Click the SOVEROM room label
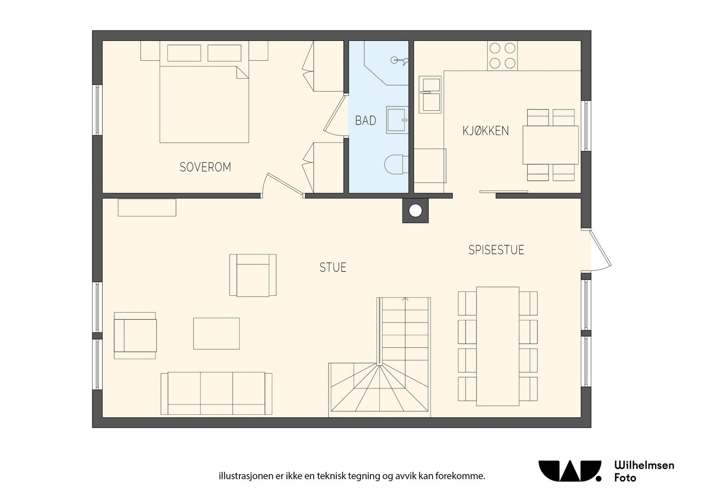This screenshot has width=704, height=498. tap(205, 167)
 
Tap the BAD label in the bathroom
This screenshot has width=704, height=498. tap(366, 121)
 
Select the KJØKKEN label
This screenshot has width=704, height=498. tap(486, 131)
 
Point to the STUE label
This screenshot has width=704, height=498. tap(333, 267)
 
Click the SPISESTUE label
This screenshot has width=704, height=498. tap(496, 250)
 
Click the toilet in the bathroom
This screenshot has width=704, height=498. tap(396, 164)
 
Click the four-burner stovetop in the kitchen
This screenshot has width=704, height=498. tap(502, 56)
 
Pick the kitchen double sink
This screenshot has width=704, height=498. tap(430, 94)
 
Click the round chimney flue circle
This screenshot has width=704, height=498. tap(415, 211)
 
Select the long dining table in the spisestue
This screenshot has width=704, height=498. tap(498, 346)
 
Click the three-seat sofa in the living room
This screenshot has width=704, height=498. tap(216, 393)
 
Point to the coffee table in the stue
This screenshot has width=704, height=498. tap(216, 333)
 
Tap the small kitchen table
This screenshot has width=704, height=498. tap(550, 145)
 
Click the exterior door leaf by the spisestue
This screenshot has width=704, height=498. tap(601, 249)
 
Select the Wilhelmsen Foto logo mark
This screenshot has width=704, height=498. tap(570, 471)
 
